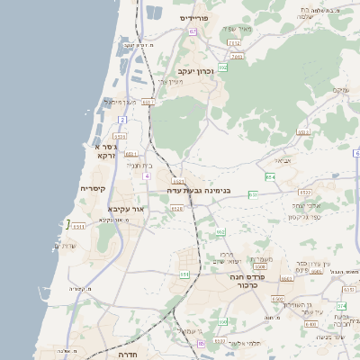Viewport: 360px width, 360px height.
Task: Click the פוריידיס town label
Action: pyautogui.click(x=193, y=17)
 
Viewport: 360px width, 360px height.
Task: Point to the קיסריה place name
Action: pyautogui.click(x=93, y=189)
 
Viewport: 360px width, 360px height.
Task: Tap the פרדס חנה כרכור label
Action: pyautogui.click(x=238, y=283)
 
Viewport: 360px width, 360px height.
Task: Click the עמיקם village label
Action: pyautogui.click(x=339, y=90)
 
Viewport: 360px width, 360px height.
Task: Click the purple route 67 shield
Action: pyautogui.click(x=193, y=31)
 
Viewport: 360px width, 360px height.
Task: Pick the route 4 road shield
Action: pyautogui.click(x=146, y=175)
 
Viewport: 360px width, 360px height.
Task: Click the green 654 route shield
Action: pyautogui.click(x=184, y=274)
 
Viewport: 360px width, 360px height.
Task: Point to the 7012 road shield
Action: pyautogui.click(x=234, y=42)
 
